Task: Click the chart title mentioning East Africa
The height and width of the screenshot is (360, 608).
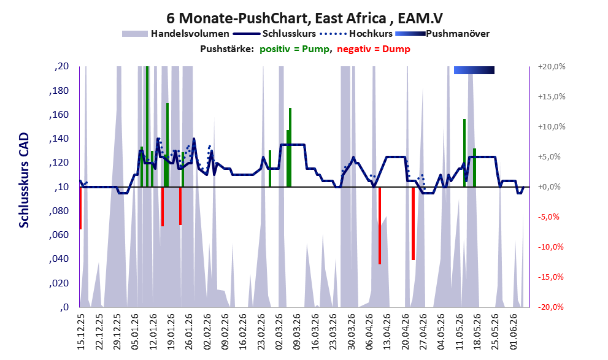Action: (304, 18)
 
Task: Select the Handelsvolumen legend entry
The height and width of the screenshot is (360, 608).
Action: (175, 34)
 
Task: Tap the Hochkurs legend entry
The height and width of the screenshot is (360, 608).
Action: (356, 34)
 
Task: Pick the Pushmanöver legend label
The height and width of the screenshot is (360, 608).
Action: (458, 34)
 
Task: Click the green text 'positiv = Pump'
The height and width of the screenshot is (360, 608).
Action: (294, 49)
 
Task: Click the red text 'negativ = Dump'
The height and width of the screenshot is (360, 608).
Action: (374, 49)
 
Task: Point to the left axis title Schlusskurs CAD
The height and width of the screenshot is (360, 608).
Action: (24, 180)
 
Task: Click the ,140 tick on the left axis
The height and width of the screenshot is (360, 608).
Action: (59, 139)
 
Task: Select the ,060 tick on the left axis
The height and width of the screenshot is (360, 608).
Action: (59, 235)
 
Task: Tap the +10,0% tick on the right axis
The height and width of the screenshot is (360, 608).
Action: (552, 127)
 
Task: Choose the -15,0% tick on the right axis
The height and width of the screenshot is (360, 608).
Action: (550, 277)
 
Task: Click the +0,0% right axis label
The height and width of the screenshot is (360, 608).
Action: (550, 187)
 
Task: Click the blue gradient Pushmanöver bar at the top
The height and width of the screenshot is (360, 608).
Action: (474, 70)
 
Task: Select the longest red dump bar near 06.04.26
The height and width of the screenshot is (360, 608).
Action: (380, 226)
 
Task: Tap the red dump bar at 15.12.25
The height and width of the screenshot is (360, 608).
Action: (80, 208)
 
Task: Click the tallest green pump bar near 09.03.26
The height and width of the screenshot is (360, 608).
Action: (290, 147)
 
